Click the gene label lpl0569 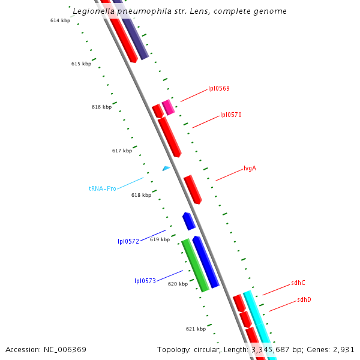coord(218,88)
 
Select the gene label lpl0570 coord(230,115)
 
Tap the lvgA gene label coord(250,168)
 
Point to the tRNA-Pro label coord(102,188)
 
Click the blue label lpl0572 coord(128,241)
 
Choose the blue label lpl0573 coord(145,281)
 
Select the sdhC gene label coord(298,283)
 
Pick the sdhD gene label coord(304,299)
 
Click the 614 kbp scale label coord(60,20)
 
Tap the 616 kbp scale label coord(101,107)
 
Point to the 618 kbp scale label coord(141,194)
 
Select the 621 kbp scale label coord(196,329)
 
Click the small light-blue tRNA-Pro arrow coord(166,169)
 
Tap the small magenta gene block coord(169,107)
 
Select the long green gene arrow coord(195,265)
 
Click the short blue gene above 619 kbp coord(189,221)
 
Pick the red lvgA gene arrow coord(193,189)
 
